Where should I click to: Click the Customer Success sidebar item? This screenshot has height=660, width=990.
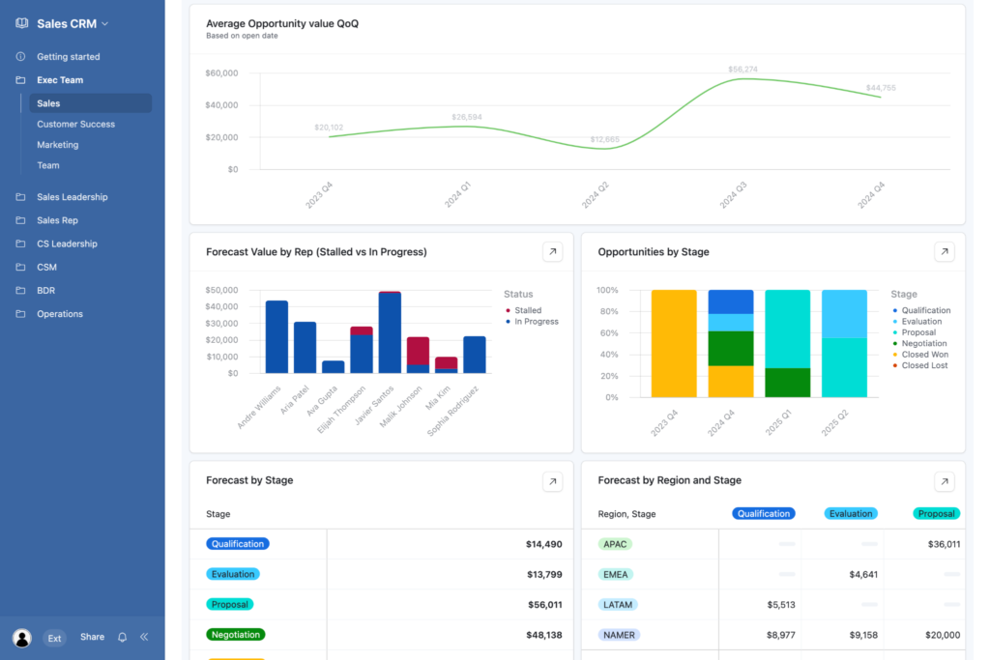coord(75,124)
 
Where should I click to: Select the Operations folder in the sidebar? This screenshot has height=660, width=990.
coord(60,314)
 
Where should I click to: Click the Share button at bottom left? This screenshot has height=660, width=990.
coord(92,638)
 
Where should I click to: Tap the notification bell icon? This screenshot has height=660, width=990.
coord(122,638)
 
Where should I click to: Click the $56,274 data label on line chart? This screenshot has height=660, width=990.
coord(742,70)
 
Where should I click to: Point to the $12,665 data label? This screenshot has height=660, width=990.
coord(604,139)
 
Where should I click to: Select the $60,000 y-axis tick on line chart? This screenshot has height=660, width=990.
coord(221,73)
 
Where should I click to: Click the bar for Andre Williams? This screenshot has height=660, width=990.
coord(277,336)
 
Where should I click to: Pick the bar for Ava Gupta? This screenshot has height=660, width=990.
coord(333,367)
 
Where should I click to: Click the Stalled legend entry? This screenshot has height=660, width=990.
coord(527,310)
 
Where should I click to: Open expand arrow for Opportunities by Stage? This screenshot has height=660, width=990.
coord(944,252)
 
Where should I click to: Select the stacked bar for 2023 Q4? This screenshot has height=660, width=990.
coord(674,343)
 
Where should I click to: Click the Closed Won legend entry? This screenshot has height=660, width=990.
coord(924,355)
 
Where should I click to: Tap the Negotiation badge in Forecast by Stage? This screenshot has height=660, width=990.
coord(235,635)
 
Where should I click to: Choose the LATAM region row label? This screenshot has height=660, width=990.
coord(617,605)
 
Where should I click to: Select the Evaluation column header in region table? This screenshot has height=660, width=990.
coord(851,514)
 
